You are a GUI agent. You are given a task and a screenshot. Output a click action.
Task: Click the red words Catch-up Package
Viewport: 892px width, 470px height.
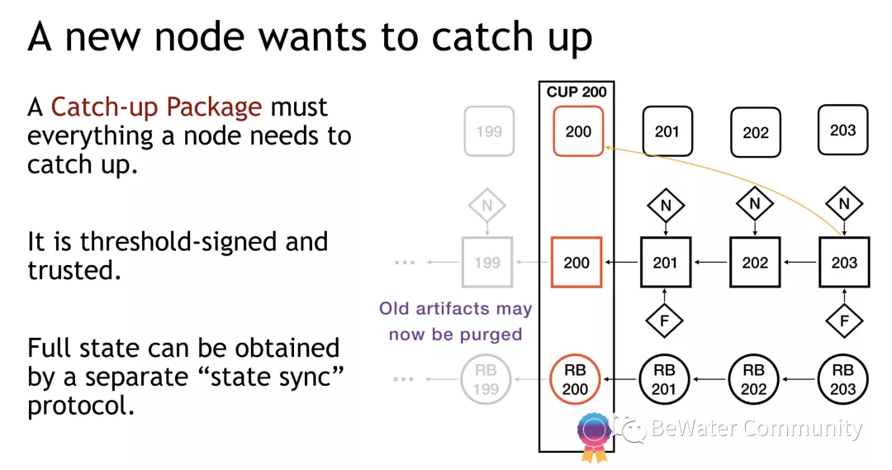tap(156, 107)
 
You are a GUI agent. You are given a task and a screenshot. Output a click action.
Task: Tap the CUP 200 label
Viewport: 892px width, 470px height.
tap(576, 92)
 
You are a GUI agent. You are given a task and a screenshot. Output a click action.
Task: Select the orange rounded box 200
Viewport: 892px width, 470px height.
tap(578, 131)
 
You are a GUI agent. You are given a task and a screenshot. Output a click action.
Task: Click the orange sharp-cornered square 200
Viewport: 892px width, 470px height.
tap(576, 263)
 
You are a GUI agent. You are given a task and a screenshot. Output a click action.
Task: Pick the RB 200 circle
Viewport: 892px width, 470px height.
tap(575, 379)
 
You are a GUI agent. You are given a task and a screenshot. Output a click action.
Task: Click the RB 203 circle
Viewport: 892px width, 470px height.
tap(843, 379)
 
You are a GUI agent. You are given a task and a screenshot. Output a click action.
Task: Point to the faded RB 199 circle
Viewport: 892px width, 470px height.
tap(486, 379)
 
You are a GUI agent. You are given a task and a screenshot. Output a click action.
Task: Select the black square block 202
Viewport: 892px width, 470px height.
tap(755, 263)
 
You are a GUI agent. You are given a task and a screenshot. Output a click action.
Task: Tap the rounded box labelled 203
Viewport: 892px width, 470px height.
tap(843, 131)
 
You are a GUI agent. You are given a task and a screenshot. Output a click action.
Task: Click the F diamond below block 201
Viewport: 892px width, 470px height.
tap(664, 321)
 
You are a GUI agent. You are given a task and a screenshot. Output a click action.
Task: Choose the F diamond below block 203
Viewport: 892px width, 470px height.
tap(844, 321)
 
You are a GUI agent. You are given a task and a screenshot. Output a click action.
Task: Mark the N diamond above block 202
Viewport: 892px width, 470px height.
tap(754, 204)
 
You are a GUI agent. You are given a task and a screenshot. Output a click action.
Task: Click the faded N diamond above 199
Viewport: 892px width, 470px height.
tap(487, 206)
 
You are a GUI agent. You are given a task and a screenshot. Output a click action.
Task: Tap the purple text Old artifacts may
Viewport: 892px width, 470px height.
tap(456, 308)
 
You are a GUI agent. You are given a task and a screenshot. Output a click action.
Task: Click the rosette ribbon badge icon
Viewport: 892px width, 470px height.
tap(593, 436)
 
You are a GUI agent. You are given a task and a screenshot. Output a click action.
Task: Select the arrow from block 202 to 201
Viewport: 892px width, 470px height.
tap(710, 263)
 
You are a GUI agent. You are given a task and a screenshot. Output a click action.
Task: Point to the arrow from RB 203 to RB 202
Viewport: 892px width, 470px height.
tap(799, 379)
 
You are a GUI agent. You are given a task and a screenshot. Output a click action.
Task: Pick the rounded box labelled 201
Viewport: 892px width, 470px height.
tap(667, 131)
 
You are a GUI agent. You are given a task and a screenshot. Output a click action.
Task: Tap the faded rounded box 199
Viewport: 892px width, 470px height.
tap(489, 131)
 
